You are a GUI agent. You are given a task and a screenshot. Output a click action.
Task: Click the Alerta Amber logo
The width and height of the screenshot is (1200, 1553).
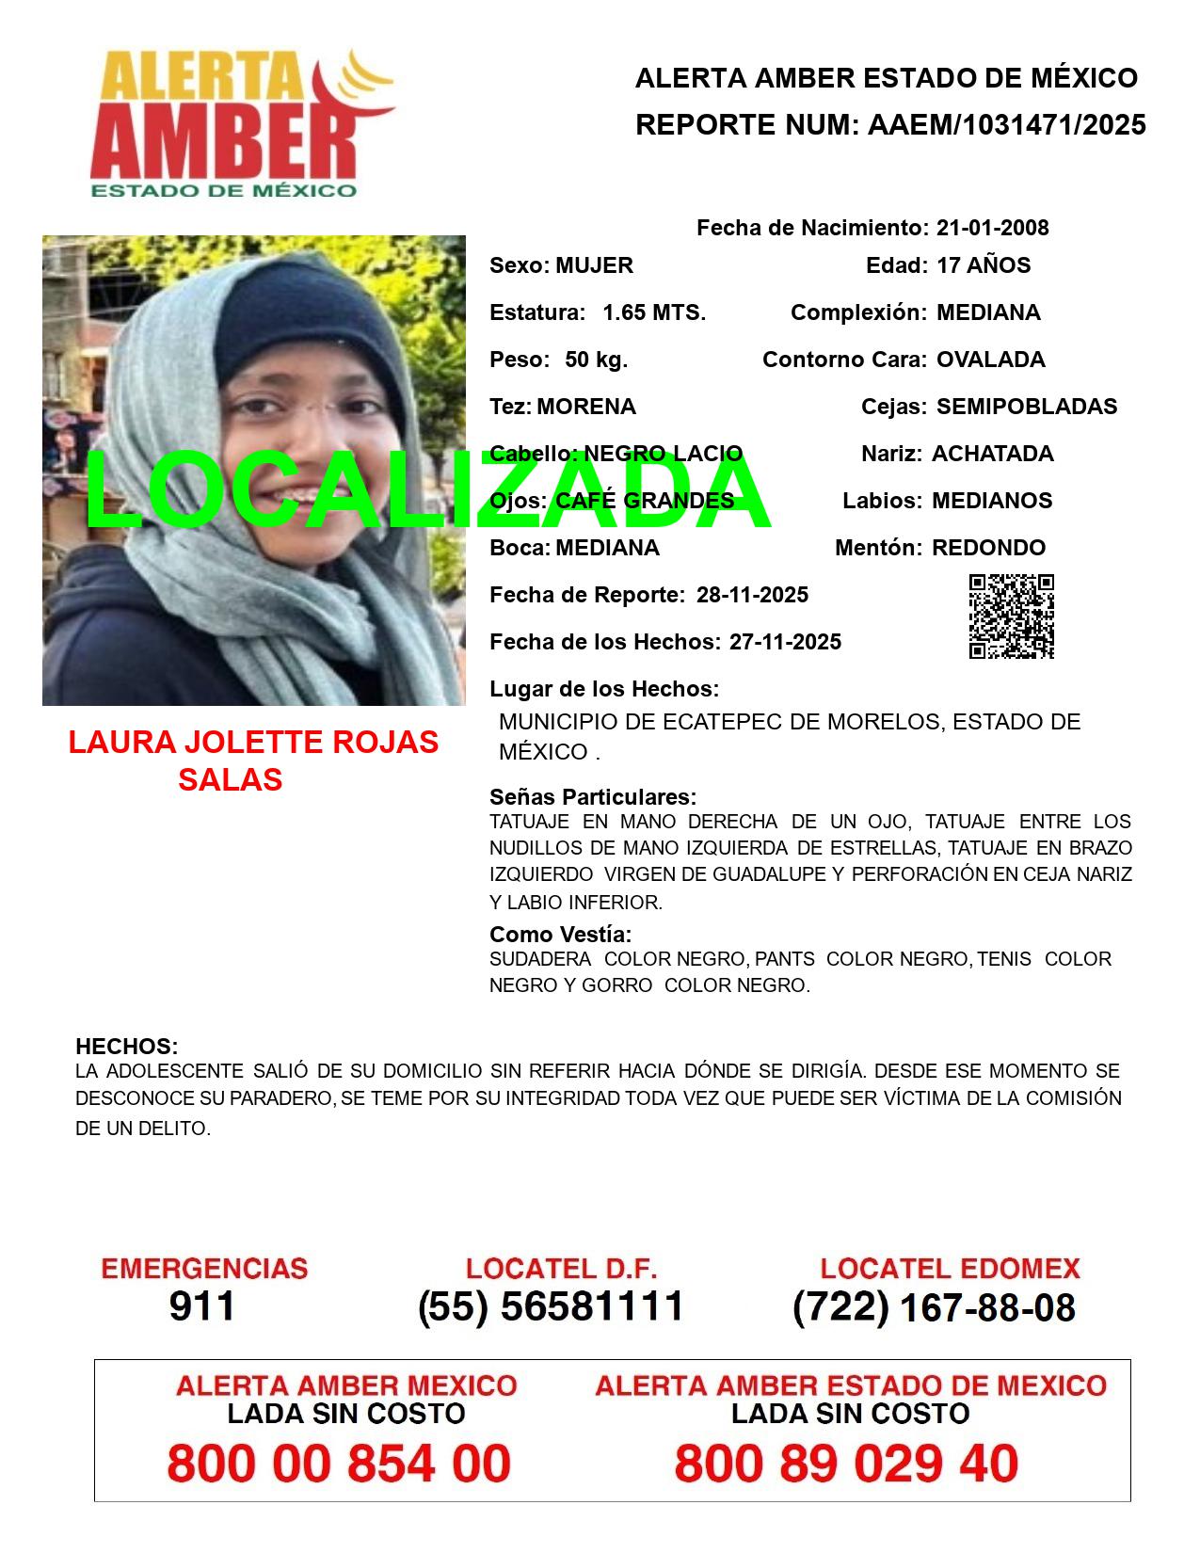240,125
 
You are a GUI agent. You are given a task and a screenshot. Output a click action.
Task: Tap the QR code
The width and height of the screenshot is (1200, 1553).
1012,616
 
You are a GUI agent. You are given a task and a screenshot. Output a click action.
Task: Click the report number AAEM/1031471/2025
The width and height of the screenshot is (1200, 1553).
1006,125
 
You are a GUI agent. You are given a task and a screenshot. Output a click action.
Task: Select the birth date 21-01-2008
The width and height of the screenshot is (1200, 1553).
992,228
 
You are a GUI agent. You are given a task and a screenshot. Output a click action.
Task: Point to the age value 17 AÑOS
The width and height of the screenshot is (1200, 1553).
984,265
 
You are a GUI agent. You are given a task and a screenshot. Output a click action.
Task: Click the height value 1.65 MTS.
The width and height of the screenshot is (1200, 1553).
654,312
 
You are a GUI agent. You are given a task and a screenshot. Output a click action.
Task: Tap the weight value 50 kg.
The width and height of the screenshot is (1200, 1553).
596,360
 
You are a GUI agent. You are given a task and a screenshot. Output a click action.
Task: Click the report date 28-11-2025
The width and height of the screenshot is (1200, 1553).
752,595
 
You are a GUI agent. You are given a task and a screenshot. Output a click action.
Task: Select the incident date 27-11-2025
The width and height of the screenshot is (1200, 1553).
785,642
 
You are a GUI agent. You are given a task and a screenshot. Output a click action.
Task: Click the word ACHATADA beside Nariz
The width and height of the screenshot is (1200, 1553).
992,454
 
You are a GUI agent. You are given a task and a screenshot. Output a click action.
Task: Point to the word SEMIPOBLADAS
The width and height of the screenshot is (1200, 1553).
1027,407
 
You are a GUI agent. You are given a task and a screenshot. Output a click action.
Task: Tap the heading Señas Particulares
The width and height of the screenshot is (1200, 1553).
593,797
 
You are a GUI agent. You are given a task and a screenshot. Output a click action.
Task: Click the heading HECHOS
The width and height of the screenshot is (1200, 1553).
127,1047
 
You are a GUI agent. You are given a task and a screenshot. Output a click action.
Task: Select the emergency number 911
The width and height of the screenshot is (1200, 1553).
202,1306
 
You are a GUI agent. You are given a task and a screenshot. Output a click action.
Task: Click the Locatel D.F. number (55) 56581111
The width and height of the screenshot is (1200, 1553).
552,1306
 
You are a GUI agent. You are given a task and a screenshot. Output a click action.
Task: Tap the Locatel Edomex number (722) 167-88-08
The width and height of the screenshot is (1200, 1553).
934,1306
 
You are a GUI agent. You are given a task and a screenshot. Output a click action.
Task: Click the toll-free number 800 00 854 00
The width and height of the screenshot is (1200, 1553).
339,1464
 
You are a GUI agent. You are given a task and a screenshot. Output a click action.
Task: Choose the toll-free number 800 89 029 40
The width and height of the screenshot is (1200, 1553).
846,1464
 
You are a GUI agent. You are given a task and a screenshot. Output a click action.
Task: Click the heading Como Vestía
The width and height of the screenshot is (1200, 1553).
560,935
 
